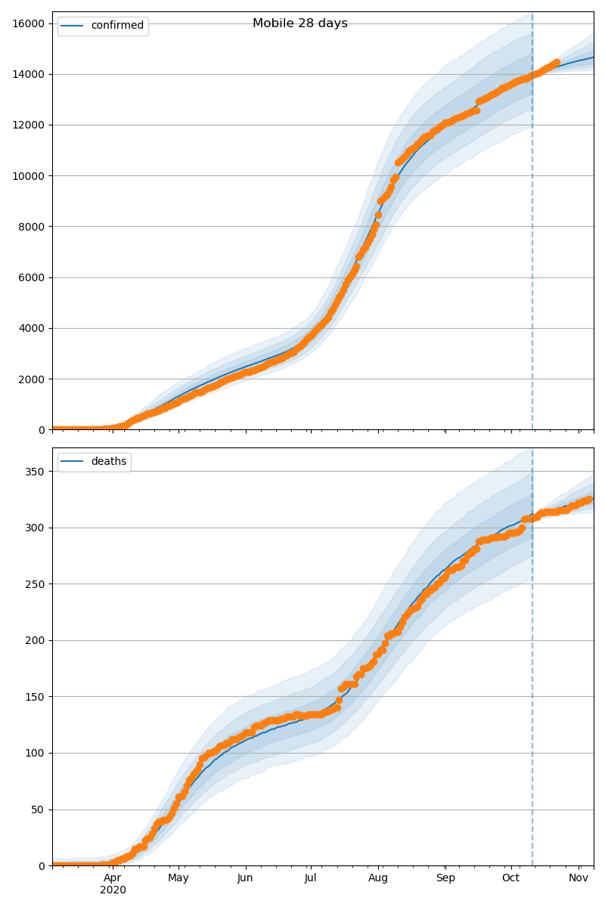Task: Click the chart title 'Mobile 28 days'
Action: pos(300,23)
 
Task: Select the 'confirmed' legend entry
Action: pos(116,26)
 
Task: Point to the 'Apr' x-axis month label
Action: pos(113,878)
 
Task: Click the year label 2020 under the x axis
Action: pos(113,890)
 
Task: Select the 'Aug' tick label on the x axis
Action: pos(378,878)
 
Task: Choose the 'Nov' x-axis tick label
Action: pos(579,878)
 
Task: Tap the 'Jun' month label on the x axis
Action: pos(245,878)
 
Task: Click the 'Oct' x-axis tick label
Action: pos(511,878)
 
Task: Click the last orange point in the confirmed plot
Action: pos(557,63)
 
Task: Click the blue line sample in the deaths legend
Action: pos(73,462)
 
